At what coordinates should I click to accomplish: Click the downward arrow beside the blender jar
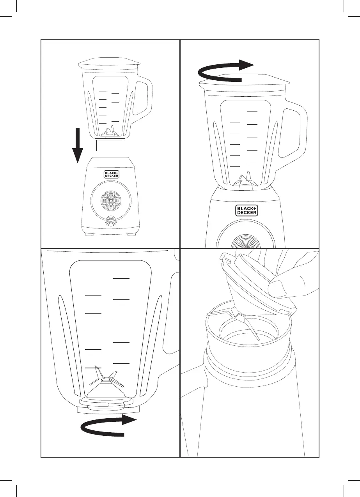[78, 145]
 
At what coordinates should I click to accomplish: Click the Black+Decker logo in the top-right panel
[247, 210]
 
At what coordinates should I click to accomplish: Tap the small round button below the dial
[111, 221]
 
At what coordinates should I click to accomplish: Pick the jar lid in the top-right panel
[245, 80]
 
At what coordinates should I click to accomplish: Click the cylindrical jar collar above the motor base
[110, 145]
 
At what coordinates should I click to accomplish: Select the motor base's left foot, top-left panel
[89, 234]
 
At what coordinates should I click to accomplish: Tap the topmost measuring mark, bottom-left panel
[121, 279]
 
